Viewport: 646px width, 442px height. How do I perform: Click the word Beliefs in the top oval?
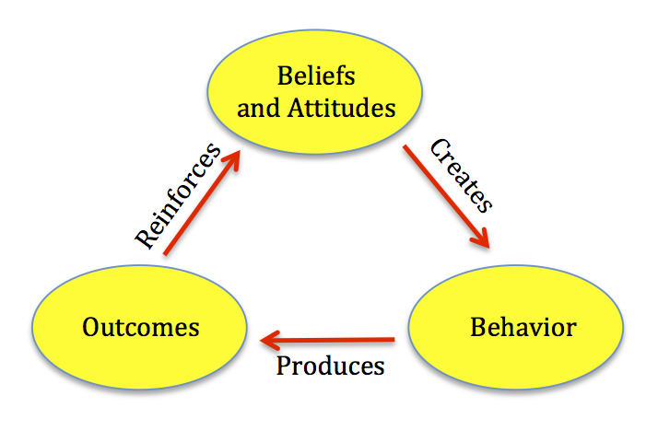tap(316, 76)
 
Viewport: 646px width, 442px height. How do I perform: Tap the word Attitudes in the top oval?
tap(342, 108)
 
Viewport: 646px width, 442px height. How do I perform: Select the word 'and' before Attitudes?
tap(258, 109)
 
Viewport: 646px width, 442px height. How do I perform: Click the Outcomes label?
tap(141, 327)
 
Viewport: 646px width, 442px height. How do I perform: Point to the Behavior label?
tap(523, 327)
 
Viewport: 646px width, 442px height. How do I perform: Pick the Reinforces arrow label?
tap(179, 196)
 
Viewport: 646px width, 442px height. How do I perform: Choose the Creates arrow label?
tap(461, 176)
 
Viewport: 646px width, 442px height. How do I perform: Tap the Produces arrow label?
tap(331, 366)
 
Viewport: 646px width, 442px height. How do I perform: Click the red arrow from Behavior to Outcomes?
tap(327, 340)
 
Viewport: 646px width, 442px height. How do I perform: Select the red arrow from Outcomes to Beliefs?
tap(202, 203)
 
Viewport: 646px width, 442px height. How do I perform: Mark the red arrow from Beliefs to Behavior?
tap(446, 197)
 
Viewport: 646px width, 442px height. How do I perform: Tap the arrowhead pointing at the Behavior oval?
tap(481, 238)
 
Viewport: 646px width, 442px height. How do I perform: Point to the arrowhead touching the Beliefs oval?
tap(232, 159)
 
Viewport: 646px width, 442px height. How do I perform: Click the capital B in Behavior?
tap(478, 327)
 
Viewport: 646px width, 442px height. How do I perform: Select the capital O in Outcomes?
tap(91, 327)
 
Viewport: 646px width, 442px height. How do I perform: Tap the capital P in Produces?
tap(284, 366)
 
